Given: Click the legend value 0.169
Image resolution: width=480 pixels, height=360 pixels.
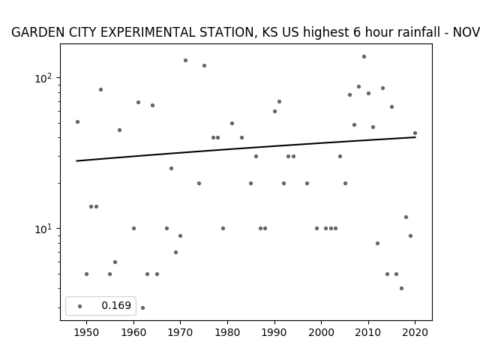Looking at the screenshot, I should coord(116,306).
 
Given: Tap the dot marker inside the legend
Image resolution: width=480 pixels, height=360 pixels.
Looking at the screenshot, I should coord(79,306).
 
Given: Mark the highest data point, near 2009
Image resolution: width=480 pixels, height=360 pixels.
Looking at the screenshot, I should coord(364,56).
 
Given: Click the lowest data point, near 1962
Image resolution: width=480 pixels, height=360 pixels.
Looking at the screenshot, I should coord(142,307).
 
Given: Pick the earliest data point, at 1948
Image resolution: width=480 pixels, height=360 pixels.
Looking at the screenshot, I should coord(77,121).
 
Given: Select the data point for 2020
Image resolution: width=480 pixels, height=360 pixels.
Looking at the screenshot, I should coord(415,133).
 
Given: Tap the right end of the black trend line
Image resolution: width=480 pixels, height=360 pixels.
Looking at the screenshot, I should coord(415,137).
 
